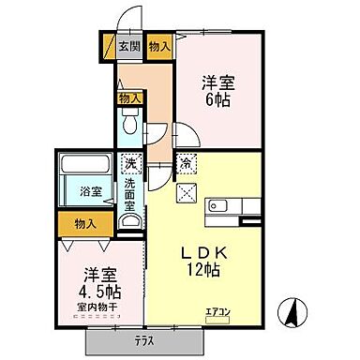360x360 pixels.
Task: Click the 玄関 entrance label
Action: click(x=129, y=44)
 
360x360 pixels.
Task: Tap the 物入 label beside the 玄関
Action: click(x=159, y=44)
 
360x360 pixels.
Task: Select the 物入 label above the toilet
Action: click(x=130, y=97)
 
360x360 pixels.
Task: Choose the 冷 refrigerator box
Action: click(x=187, y=162)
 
